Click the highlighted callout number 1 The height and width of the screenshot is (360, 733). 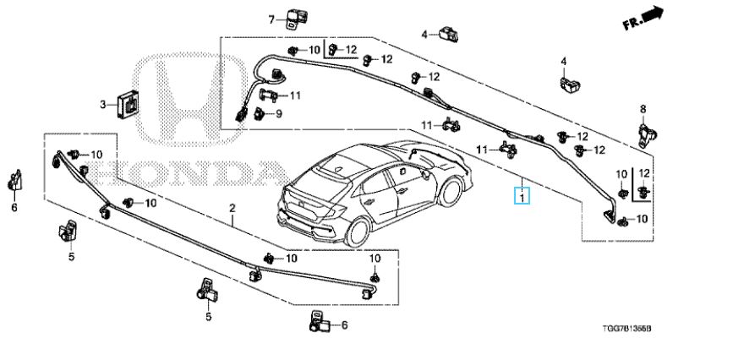[522, 198]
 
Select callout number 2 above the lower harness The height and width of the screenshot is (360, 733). [231, 207]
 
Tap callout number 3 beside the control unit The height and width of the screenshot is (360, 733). [103, 105]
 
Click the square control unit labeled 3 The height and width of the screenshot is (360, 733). [129, 103]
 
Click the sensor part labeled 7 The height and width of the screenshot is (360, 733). [297, 17]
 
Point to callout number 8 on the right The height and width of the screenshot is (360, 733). [642, 109]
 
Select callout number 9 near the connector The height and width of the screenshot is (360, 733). [278, 114]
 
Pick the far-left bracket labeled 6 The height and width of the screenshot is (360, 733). [14, 180]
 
